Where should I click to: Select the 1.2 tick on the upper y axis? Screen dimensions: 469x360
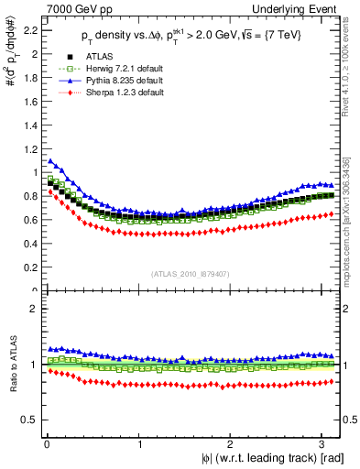pyautogui.click(x=29, y=149)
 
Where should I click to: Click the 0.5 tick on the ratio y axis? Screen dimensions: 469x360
pyautogui.click(x=29, y=420)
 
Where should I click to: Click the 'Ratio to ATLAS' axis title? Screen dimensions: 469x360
pyautogui.click(x=11, y=366)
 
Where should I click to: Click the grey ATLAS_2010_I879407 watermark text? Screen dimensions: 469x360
pyautogui.click(x=191, y=272)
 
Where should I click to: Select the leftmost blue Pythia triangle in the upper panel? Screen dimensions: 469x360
pyautogui.click(x=50, y=161)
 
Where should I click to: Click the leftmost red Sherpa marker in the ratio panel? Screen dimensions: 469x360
pyautogui.click(x=50, y=371)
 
